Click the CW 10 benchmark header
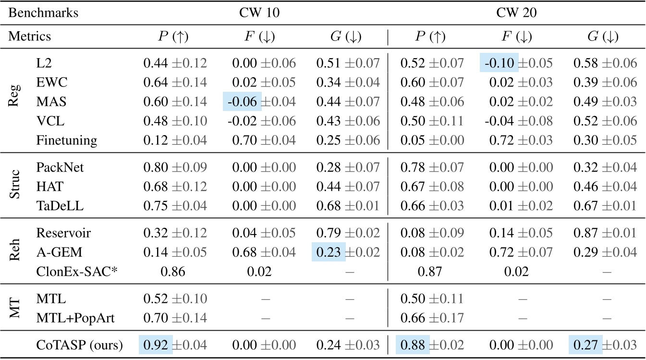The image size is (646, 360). (x=259, y=13)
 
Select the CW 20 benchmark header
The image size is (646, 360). (x=516, y=13)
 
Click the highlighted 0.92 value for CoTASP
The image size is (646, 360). (x=156, y=345)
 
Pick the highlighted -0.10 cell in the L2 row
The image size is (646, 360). (x=499, y=63)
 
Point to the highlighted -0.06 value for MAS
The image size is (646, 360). (x=242, y=102)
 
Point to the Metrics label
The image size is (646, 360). (x=30, y=37)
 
